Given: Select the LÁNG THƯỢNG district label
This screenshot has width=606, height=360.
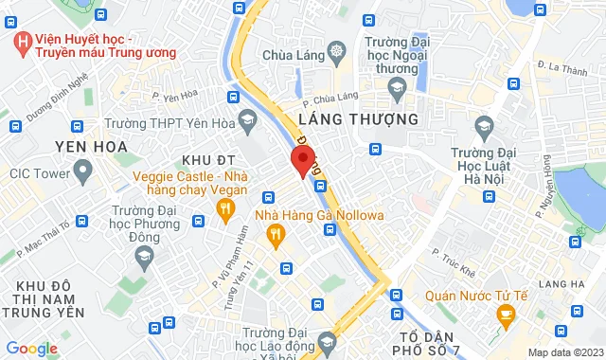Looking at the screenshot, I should point(357,119).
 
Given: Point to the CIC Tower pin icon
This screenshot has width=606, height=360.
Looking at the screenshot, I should point(81,173).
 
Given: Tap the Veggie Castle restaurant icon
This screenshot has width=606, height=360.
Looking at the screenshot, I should point(226,212).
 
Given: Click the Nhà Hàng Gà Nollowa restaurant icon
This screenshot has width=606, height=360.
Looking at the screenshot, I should point(276,235).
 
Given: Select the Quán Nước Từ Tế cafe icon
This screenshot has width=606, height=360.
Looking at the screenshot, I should point(505,314).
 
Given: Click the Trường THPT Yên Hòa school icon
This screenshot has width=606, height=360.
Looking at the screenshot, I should point(248,120).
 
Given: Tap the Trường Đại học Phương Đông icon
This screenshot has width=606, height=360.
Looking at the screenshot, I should point(143,255).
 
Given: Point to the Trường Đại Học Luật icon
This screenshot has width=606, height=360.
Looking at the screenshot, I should point(484,126).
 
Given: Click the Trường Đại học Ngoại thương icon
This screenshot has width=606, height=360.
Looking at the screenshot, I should point(397,88).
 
